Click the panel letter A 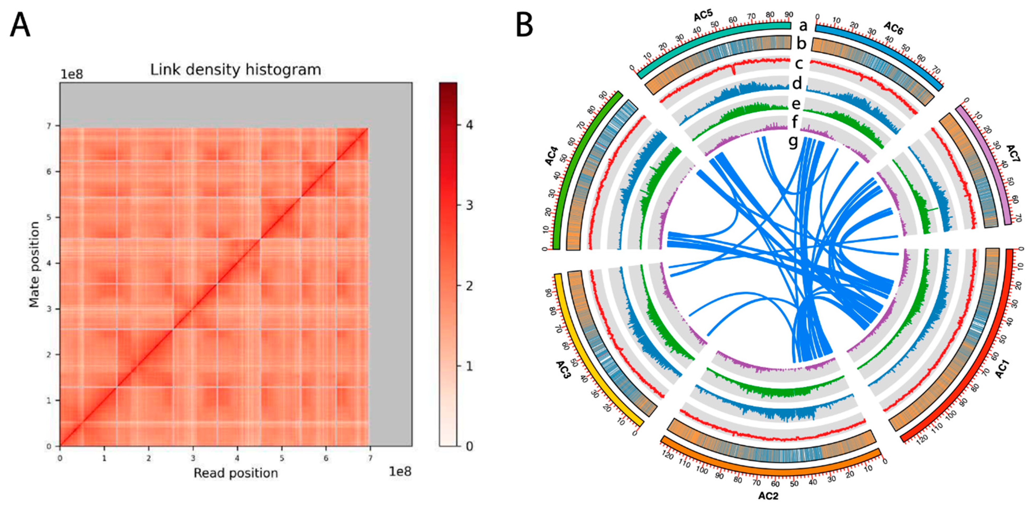[x=20, y=25]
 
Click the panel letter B [x=525, y=25]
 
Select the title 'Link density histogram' [x=235, y=70]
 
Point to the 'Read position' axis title [x=236, y=473]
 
